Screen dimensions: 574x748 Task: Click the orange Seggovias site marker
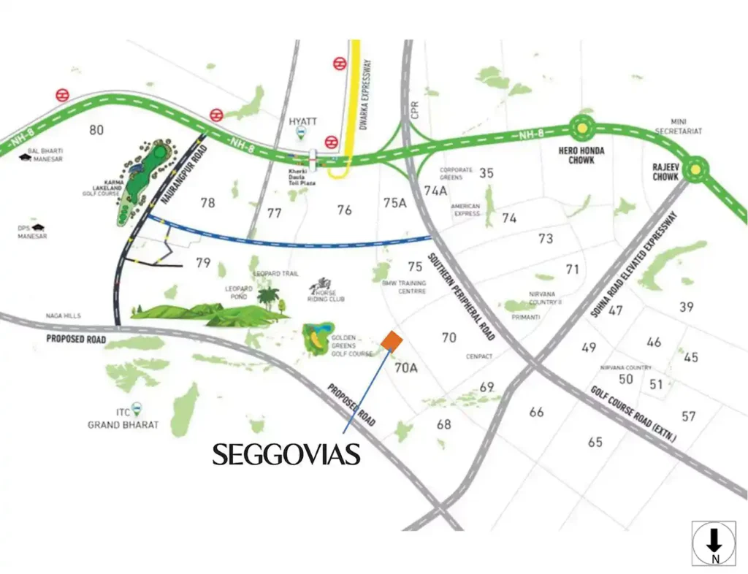(392, 342)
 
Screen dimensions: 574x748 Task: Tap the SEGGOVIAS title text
(286, 455)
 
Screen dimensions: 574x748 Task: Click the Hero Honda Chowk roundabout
(582, 129)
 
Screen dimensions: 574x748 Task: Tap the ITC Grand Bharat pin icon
(136, 410)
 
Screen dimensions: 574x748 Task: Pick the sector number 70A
(405, 369)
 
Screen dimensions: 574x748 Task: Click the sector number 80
(96, 131)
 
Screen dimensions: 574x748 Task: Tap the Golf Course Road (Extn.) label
(633, 416)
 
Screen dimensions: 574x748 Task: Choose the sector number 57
(688, 416)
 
